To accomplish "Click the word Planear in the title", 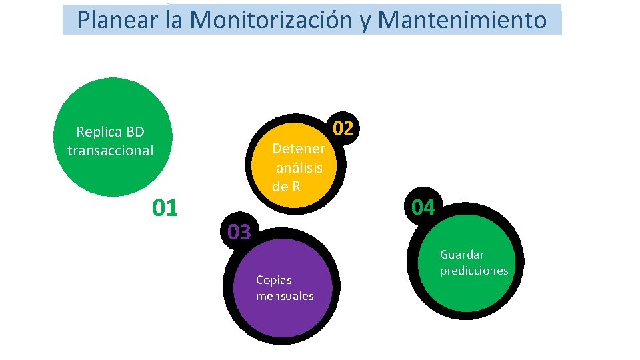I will (118, 20).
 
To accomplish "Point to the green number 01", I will (165, 208).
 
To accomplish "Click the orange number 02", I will (343, 128).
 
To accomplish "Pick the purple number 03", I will (239, 232).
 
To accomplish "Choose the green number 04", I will (423, 208).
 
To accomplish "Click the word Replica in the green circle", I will (97, 132).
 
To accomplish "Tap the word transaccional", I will (110, 151).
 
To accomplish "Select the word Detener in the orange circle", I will (299, 148).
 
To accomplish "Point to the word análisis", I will (299, 167).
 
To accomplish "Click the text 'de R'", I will (287, 187).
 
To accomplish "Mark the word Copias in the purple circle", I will (274, 280).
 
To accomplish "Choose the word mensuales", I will (285, 296).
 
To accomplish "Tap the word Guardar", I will (462, 255).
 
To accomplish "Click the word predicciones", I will (474, 271).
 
